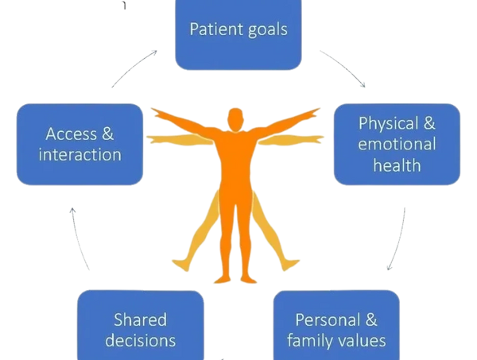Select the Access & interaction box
pyautogui.click(x=79, y=143)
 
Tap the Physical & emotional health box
pyautogui.click(x=397, y=144)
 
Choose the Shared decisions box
pyautogui.click(x=140, y=326)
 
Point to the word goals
pyautogui.click(x=266, y=31)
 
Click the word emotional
pyautogui.click(x=397, y=145)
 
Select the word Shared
pyautogui.click(x=140, y=319)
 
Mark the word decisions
pyautogui.click(x=140, y=341)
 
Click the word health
pyautogui.click(x=397, y=166)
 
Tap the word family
pyautogui.click(x=316, y=341)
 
